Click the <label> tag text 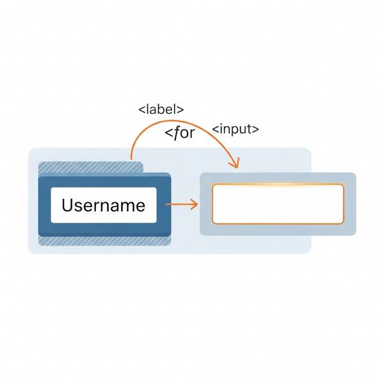(161, 109)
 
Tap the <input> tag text (236, 129)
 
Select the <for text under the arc (180, 133)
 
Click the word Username (103, 205)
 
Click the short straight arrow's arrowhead (195, 204)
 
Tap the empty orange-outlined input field (278, 204)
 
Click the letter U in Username (67, 205)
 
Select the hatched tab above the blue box (91, 167)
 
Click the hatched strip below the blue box (104, 241)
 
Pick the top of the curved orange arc (173, 120)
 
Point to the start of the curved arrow (131, 159)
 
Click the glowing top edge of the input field (278, 184)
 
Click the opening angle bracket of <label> (141, 109)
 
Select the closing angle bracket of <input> (256, 129)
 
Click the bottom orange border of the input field (278, 223)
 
